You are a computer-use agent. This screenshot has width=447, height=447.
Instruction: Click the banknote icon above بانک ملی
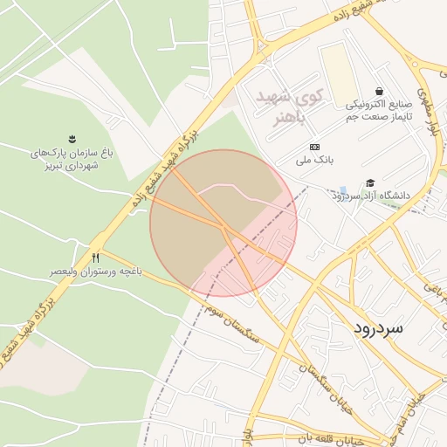point(314,146)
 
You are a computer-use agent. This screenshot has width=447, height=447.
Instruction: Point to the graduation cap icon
point(371,183)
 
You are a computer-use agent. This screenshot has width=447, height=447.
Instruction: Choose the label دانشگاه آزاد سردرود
point(371,196)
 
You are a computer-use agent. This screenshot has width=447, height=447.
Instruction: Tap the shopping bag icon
point(379,91)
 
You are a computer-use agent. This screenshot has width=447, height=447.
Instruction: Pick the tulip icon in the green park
point(72,139)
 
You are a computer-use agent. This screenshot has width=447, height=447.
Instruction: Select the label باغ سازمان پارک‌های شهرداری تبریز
point(72,158)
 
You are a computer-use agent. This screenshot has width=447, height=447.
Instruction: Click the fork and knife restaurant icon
point(96,258)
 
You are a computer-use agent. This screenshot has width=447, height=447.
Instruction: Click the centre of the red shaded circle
point(223,223)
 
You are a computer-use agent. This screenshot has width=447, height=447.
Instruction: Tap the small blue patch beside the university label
point(343,189)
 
